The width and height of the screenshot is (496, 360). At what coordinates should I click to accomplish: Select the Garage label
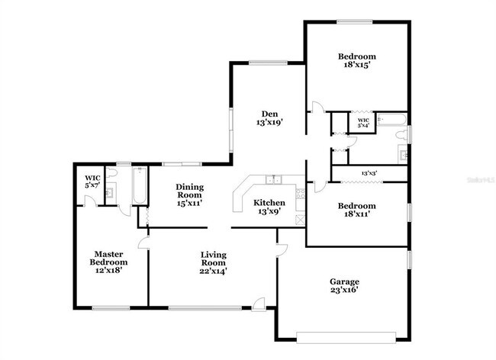pos(343,281)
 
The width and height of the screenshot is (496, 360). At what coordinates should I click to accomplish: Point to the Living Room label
pos(214,255)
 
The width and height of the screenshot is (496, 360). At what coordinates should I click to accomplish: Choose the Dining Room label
pos(189,187)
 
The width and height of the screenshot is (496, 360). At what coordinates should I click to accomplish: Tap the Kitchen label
pos(269,203)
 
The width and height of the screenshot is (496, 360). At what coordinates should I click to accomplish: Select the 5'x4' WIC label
pos(363,122)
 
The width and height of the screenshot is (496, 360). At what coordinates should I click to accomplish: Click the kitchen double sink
pos(273,180)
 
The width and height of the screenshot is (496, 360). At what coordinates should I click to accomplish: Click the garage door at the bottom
pos(346,334)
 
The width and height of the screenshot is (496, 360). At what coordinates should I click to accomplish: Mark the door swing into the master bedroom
pos(143,244)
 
